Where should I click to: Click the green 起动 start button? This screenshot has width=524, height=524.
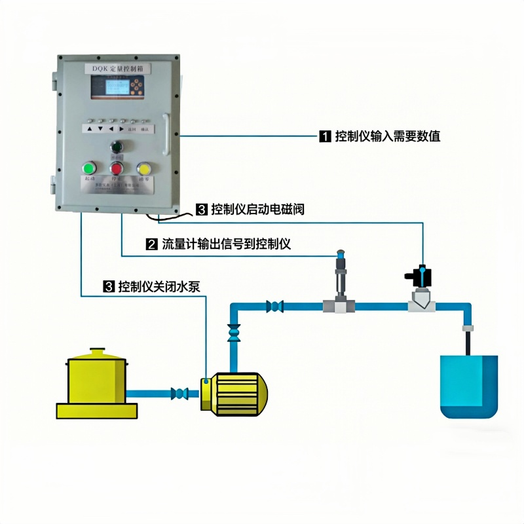click(90, 169)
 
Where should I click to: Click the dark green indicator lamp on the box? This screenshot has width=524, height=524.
click(117, 147)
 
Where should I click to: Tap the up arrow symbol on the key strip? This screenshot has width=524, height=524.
click(88, 129)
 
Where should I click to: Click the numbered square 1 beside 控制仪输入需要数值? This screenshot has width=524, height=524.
click(324, 137)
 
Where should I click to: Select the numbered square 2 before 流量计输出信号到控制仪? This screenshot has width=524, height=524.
click(151, 245)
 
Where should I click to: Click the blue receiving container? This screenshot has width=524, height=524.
click(469, 386)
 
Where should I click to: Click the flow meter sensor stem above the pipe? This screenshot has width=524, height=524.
click(340, 275)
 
